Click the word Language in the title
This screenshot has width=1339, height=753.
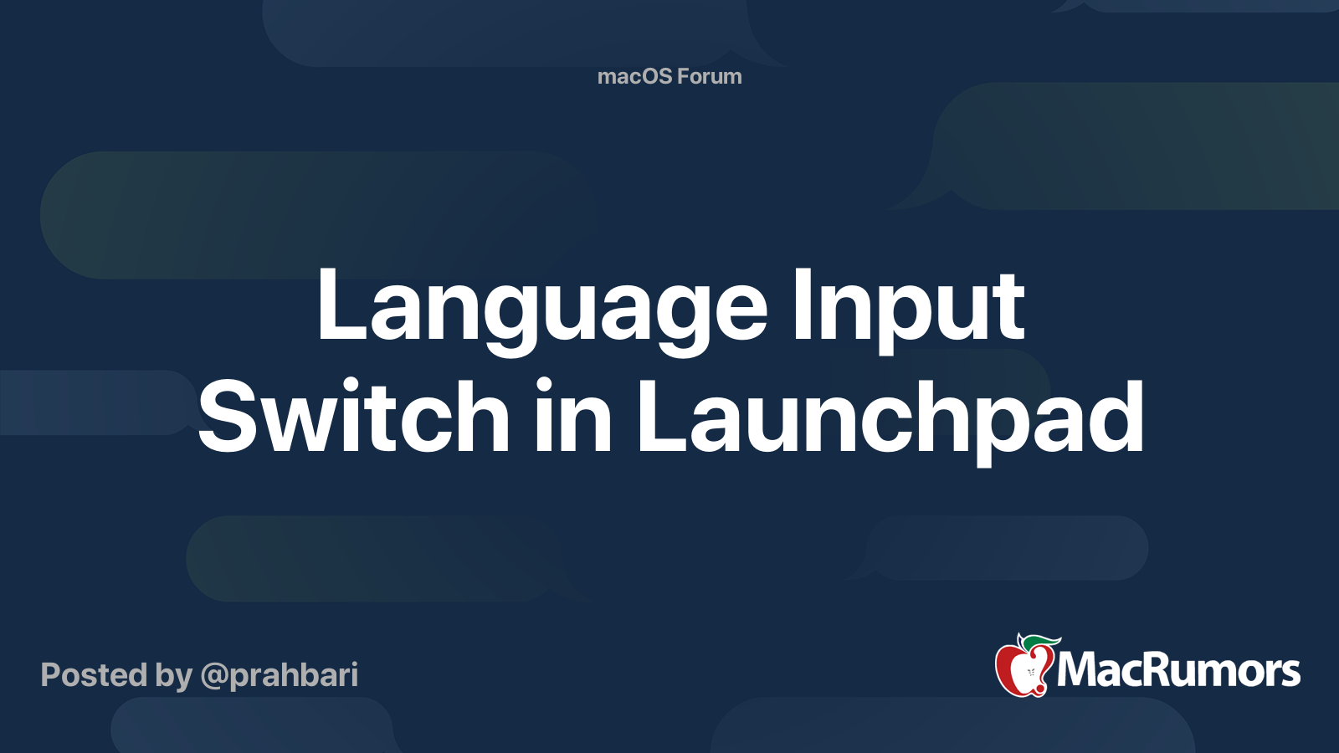541,306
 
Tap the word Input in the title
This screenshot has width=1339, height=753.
909,306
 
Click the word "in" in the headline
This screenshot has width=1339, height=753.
572,416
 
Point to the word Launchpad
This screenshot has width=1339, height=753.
890,416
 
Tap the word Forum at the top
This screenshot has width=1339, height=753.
710,76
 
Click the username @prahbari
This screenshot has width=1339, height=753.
280,675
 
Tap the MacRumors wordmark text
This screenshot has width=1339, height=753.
1178,670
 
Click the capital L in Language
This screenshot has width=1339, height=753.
340,306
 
